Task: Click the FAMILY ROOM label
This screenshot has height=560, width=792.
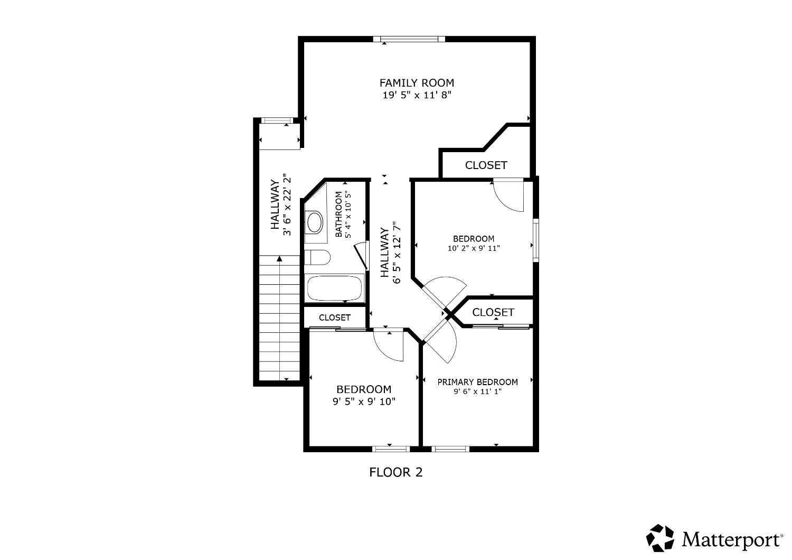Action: coord(417,83)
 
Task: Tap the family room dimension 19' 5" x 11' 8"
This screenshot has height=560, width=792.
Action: coord(417,96)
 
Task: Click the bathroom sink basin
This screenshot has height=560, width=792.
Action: coord(315,222)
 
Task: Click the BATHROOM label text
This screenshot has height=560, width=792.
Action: coord(338,214)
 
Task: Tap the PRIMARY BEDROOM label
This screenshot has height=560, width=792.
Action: coord(477,382)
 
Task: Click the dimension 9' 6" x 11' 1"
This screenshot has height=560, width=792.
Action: coord(477,392)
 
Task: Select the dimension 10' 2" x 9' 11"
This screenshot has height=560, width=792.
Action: coord(474,248)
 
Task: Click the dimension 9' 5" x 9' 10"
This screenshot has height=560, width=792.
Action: coord(364,402)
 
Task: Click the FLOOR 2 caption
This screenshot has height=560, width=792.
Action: coord(396,472)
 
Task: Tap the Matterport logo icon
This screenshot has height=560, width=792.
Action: coord(661,538)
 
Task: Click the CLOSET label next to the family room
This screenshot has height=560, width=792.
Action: coord(486,165)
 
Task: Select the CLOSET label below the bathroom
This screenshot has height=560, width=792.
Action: coord(335,318)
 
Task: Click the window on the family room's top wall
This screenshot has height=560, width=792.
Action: coord(409,39)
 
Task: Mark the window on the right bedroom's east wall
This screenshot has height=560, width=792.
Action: coord(535,240)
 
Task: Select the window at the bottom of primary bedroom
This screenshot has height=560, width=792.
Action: coord(450,449)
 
